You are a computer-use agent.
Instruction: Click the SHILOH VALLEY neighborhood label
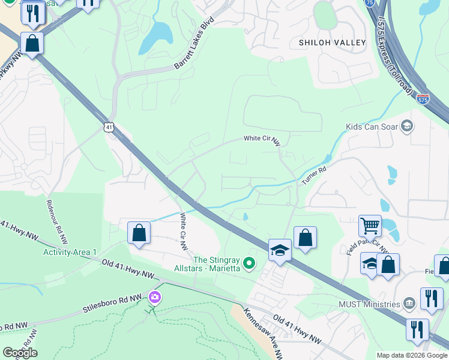point(333,43)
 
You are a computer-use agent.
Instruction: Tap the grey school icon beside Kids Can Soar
point(408,126)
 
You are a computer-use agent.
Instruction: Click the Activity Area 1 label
point(70,251)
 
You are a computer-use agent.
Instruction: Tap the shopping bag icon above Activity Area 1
point(139,233)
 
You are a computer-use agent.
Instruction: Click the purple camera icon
point(155,296)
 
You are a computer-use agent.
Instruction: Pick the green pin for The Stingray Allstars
point(251,263)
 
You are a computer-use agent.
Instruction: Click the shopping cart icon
point(370,226)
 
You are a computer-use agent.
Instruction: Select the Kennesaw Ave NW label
point(263,334)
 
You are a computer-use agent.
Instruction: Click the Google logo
point(20,353)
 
